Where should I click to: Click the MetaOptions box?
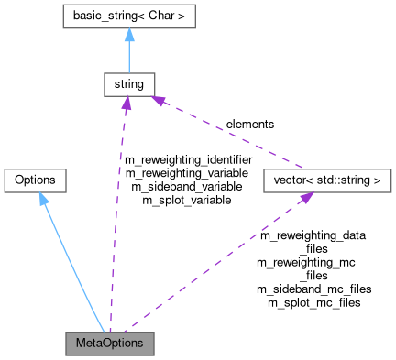(x=109, y=344)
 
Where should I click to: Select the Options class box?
(x=36, y=180)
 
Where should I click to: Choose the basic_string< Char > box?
(x=128, y=16)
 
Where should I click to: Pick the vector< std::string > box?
(x=322, y=180)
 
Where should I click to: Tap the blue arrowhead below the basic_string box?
(x=128, y=36)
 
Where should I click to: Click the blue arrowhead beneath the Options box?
(x=43, y=199)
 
